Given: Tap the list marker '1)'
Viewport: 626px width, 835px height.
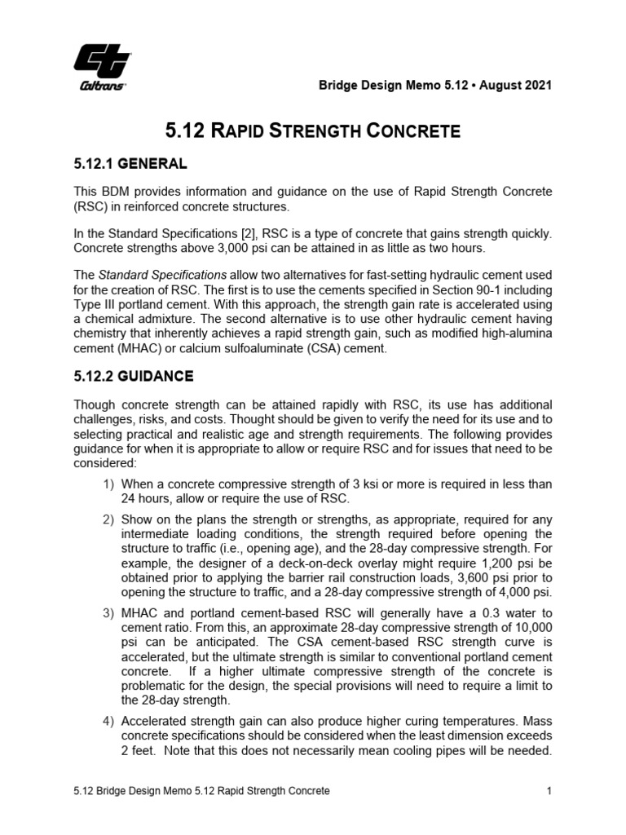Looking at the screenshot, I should [x=108, y=484].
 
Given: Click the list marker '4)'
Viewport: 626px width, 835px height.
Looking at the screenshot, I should [x=108, y=721].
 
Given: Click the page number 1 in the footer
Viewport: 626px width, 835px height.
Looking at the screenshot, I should [x=550, y=792].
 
